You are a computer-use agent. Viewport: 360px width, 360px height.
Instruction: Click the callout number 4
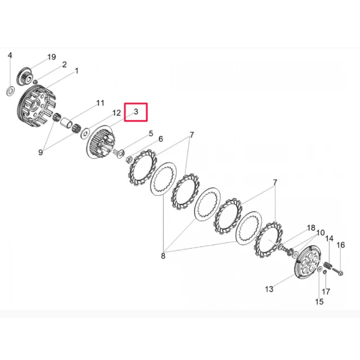[x=10, y=55]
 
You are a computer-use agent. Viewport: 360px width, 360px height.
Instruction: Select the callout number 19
[x=52, y=57]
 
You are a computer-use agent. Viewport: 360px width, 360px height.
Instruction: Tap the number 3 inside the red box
[x=136, y=111]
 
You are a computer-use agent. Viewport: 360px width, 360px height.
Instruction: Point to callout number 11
[x=100, y=103]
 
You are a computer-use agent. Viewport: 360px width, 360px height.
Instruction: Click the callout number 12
[x=116, y=112]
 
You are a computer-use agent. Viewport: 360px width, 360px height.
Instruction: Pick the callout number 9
[x=40, y=152]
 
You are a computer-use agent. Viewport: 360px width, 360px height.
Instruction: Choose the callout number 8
[x=163, y=256]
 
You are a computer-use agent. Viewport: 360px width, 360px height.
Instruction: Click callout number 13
[x=269, y=289]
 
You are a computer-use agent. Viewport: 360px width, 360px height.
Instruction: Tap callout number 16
[x=341, y=245]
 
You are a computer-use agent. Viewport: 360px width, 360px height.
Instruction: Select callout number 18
[x=311, y=228]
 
